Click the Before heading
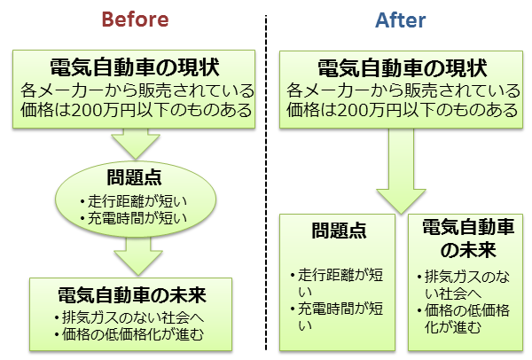coord(134,19)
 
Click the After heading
coord(400,19)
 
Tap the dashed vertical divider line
coord(266,177)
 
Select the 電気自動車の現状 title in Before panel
coord(134,67)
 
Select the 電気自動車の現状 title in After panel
coord(401,68)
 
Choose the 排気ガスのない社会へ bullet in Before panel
coord(133,317)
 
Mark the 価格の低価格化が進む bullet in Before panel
coord(133,334)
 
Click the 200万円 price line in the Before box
coord(135,110)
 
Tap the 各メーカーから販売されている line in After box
coord(402,90)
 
